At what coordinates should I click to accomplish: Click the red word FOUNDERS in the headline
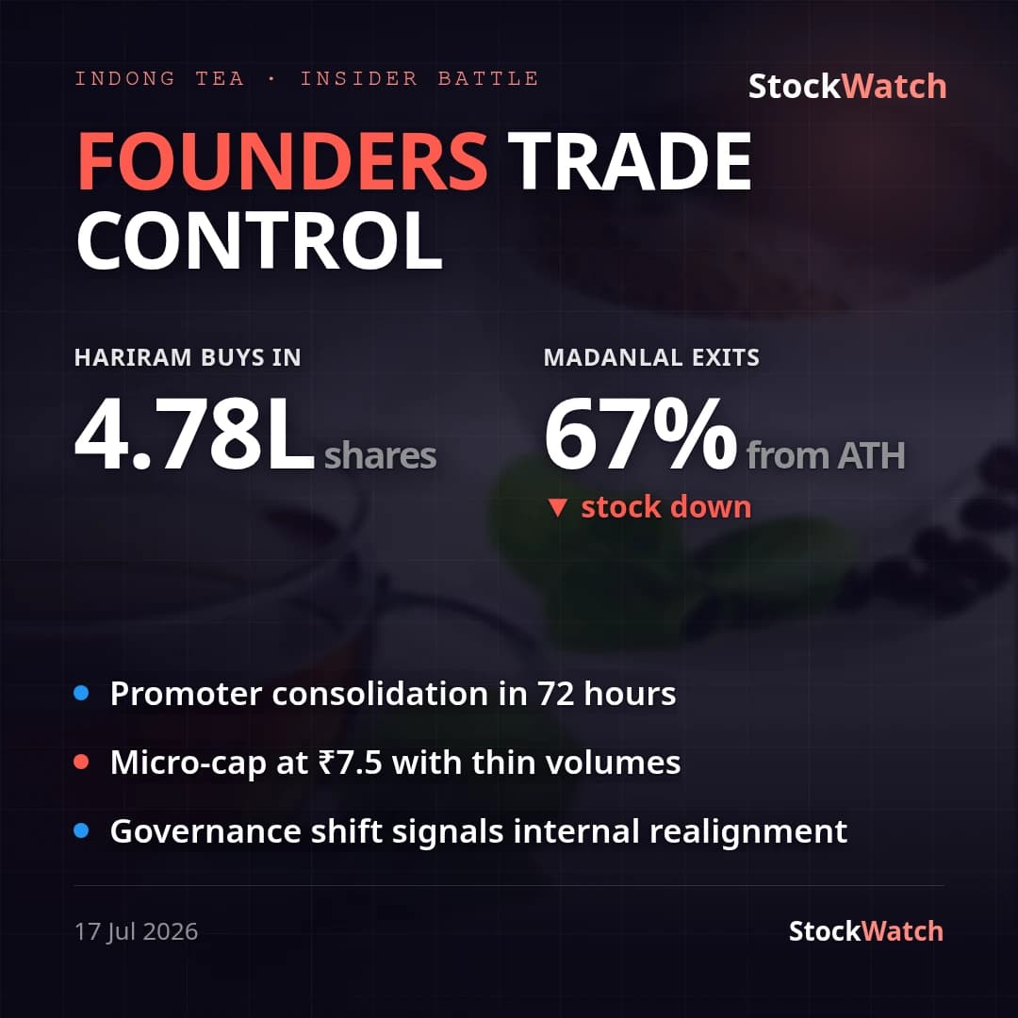pos(283,160)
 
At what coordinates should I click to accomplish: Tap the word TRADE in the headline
pos(629,160)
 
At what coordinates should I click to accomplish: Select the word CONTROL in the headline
pos(260,241)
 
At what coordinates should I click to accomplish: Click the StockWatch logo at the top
pos(847,87)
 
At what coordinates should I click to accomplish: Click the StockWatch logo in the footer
pos(866,931)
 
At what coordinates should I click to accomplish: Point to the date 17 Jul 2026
pos(137,931)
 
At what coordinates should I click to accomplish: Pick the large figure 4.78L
pos(195,434)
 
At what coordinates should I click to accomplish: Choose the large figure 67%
pos(640,434)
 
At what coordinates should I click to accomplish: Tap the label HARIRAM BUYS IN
pos(188,358)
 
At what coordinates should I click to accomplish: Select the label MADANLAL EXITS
pos(651,358)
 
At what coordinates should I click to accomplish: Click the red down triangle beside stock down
pos(558,508)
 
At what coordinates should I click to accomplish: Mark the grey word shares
pos(381,456)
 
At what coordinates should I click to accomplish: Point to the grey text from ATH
pos(826,455)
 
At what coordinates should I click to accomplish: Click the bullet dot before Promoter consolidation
pos(81,694)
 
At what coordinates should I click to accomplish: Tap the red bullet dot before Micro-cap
pos(81,762)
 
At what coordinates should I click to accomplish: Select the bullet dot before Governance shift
pos(81,830)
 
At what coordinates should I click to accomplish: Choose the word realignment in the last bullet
pos(748,831)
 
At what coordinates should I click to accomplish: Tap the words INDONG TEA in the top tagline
pos(159,78)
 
